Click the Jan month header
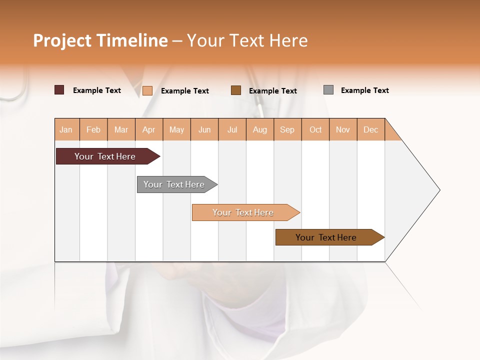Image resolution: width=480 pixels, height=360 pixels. [x=66, y=129]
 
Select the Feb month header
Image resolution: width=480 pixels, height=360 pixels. [x=93, y=129]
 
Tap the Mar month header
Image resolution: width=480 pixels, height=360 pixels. [x=121, y=129]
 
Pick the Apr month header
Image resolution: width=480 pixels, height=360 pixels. [x=149, y=129]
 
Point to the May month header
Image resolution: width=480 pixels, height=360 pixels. [x=176, y=129]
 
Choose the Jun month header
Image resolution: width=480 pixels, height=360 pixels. [x=204, y=129]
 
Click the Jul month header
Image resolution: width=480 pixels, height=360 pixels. [x=232, y=129]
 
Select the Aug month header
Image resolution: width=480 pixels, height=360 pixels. [x=260, y=129]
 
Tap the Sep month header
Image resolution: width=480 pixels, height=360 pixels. [x=287, y=129]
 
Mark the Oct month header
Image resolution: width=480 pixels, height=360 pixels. [x=315, y=129]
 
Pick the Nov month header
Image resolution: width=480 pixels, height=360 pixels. [x=343, y=129]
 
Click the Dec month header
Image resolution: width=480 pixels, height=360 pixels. [x=371, y=129]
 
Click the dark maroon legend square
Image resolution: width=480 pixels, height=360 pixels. [x=59, y=90]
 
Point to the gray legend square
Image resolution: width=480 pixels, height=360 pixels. [x=328, y=90]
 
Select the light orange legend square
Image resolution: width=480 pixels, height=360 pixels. [x=147, y=90]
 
